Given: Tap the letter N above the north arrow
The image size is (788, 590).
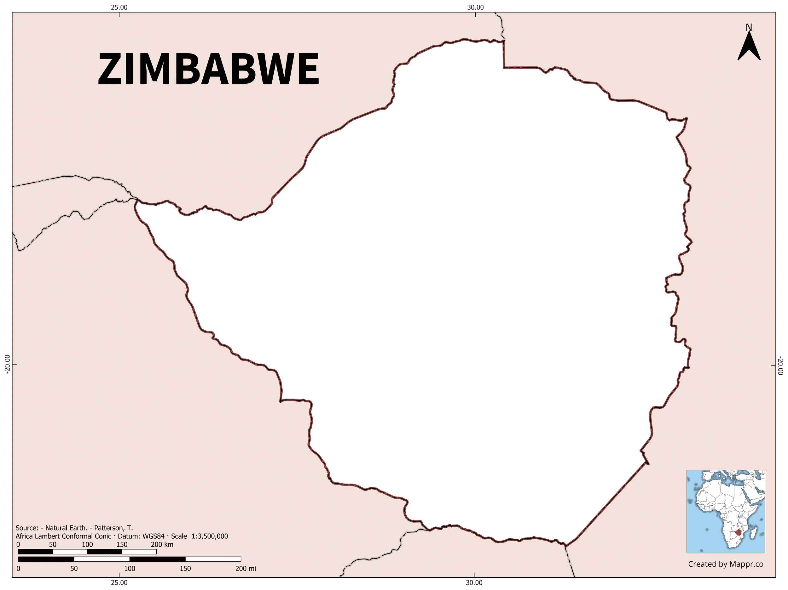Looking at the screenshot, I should (x=749, y=27).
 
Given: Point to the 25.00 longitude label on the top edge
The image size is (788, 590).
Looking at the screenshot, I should (x=119, y=8).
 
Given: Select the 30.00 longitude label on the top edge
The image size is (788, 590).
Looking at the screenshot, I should (x=476, y=8).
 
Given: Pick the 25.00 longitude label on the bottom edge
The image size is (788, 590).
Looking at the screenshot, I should (x=119, y=582).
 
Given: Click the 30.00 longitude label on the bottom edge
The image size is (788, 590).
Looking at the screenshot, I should (x=474, y=582).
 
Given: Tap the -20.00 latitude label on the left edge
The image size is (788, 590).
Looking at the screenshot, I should (x=6, y=364).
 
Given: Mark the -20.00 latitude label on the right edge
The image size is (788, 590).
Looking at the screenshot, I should (x=781, y=366).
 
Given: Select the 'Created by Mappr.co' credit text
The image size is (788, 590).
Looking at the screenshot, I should (x=726, y=564).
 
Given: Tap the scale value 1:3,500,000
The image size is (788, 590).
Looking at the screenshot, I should (x=210, y=536).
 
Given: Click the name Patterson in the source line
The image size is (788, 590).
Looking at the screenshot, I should (x=110, y=528).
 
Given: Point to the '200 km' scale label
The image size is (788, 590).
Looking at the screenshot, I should (x=162, y=544).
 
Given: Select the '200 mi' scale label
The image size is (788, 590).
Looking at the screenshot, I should (x=246, y=568).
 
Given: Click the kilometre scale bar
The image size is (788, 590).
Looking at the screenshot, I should (x=87, y=552).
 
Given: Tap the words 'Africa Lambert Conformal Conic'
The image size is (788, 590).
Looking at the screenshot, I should (x=63, y=536).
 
